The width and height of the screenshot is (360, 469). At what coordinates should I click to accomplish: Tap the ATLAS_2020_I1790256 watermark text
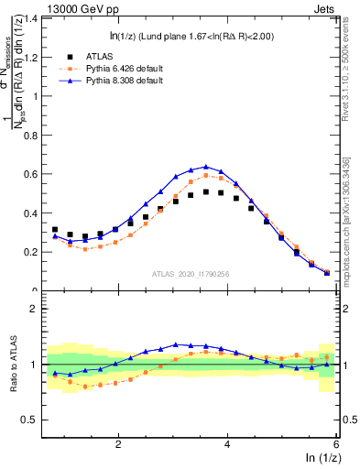pyautogui.click(x=191, y=273)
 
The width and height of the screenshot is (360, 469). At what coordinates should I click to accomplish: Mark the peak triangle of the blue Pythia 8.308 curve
pyautogui.click(x=205, y=167)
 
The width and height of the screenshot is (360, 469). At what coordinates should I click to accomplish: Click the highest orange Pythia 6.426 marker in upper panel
pyautogui.click(x=206, y=175)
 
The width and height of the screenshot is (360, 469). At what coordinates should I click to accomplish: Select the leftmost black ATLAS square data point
pyautogui.click(x=55, y=230)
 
